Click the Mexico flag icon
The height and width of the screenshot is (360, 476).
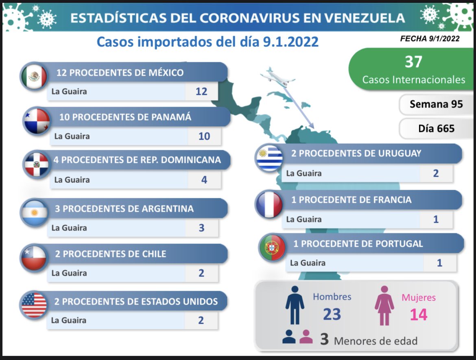[x=35, y=76]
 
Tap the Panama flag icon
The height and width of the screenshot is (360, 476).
[x=37, y=121]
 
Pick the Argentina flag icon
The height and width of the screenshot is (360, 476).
[x=35, y=213]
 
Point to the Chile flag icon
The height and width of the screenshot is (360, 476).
[x=35, y=258]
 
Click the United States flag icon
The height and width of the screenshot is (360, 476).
[x=35, y=305]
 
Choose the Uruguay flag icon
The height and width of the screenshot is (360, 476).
[x=269, y=158]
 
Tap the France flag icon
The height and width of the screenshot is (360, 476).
[x=269, y=204]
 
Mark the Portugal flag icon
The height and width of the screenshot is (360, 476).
[x=272, y=248]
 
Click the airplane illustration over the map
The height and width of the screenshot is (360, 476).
[x=277, y=76]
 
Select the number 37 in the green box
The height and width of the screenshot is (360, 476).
[x=413, y=62]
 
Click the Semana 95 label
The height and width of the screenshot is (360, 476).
[x=436, y=104]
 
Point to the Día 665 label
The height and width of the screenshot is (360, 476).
[x=436, y=129]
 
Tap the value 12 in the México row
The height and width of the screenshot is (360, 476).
[x=201, y=91]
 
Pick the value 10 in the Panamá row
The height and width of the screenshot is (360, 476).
[x=204, y=136]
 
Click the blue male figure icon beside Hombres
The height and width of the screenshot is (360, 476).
[x=295, y=305]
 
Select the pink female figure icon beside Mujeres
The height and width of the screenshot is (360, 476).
[x=384, y=305]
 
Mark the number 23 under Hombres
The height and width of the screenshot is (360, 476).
[x=332, y=314]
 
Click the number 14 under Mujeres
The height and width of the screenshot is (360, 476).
[x=419, y=314]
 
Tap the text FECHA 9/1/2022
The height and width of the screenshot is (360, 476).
[x=430, y=39]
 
